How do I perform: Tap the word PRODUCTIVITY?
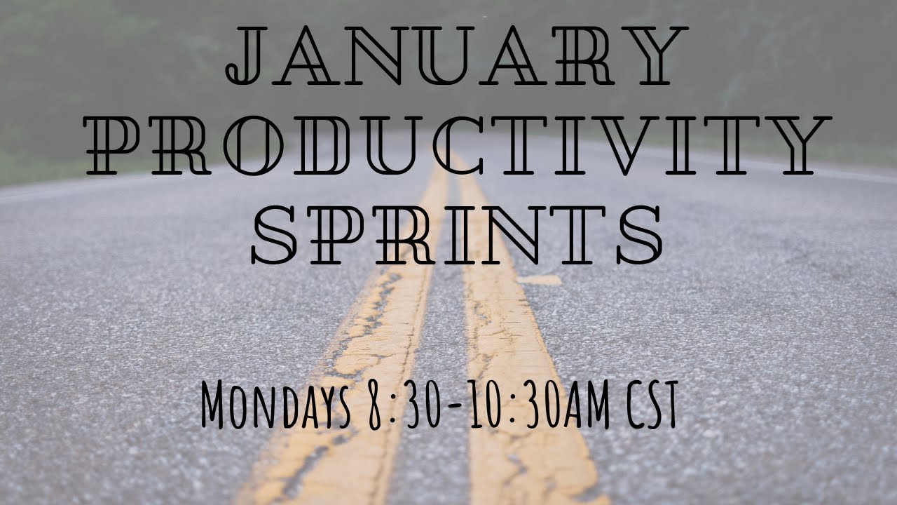pos(456,146)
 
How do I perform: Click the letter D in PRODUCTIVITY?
pos(319,146)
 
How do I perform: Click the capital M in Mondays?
pos(216,405)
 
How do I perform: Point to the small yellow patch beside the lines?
pos(540,280)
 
